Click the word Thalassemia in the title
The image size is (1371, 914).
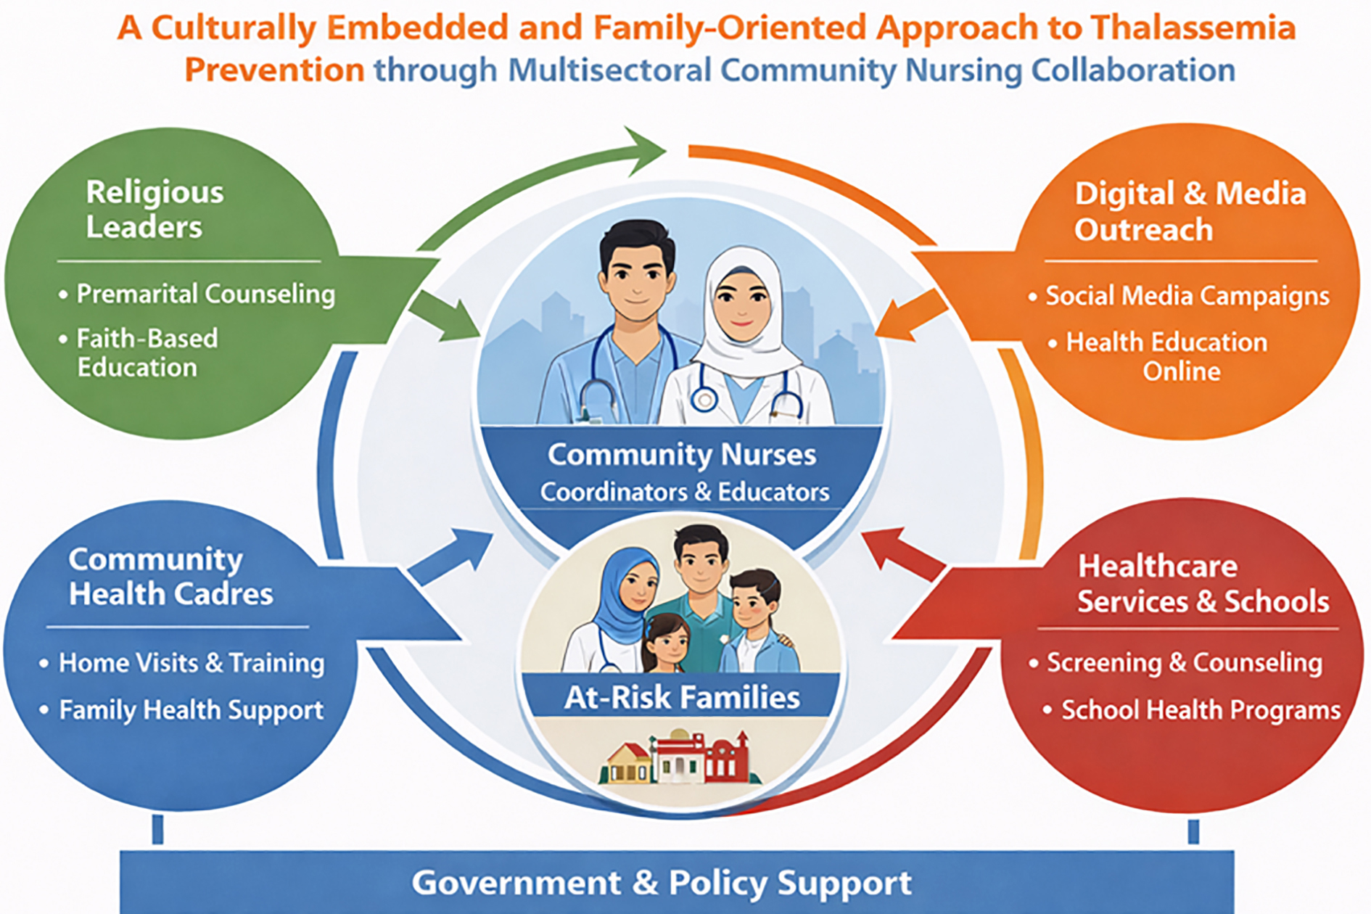point(1193,28)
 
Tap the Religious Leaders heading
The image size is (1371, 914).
point(155,209)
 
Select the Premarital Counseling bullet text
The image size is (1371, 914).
point(206,294)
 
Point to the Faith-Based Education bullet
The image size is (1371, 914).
point(147,353)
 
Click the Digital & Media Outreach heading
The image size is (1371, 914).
point(1190,211)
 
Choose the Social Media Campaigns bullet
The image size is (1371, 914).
point(1187,296)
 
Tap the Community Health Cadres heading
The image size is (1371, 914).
point(170,577)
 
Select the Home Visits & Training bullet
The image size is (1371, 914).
point(192,663)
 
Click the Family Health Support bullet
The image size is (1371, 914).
point(192,710)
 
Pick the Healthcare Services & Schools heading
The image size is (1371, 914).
point(1203,584)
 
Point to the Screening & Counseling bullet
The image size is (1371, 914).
point(1185,663)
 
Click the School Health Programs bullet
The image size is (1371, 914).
point(1201,710)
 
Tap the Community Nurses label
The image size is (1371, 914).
point(682,455)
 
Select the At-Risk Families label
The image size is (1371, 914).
point(682,698)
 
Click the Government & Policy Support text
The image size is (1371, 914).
point(661,883)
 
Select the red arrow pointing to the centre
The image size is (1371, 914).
point(904,555)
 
